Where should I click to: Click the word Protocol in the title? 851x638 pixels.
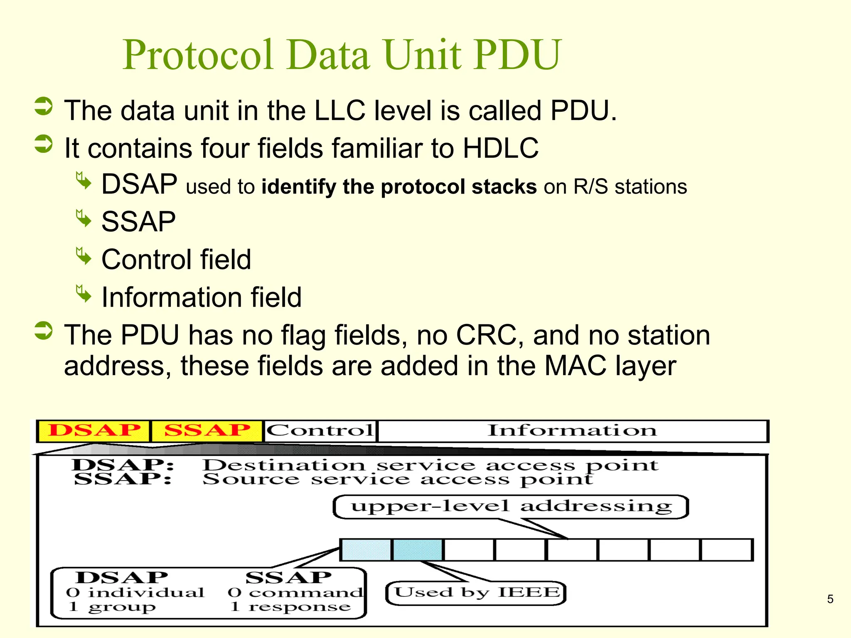198,55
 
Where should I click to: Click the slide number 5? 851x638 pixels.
830,599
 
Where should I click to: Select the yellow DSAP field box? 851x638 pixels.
94,431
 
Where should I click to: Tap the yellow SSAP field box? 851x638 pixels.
207,431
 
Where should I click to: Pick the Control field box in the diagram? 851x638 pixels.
320,431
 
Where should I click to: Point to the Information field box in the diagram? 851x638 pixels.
572,431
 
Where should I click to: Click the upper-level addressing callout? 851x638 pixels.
511,507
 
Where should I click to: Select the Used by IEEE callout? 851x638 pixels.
476,593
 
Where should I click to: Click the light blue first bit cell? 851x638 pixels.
366,550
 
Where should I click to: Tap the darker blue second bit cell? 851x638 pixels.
418,550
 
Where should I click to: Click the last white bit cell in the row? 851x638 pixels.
727,550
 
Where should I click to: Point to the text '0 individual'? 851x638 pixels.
135,592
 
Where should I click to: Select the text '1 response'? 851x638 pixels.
290,607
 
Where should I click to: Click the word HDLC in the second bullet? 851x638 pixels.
500,148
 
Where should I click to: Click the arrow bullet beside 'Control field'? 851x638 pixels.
84,256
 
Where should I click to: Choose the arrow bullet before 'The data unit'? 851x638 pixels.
44,106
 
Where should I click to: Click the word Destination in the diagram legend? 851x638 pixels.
284,465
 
